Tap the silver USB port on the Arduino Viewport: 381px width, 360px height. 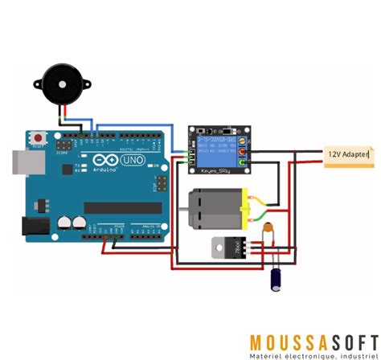tap(18, 162)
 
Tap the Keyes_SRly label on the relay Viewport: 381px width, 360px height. tap(215, 170)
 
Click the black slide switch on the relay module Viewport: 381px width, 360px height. tap(230, 130)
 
